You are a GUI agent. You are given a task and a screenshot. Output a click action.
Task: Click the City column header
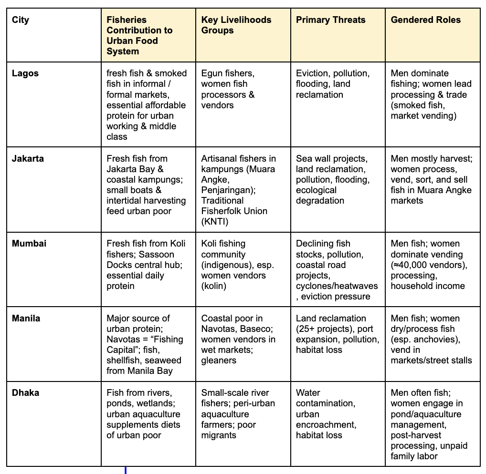(x=21, y=20)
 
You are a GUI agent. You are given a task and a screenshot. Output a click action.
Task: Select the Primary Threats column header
(x=330, y=20)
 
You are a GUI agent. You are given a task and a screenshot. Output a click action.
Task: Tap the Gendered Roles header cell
(x=425, y=20)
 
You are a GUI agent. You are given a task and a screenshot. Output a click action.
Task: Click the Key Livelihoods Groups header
(x=236, y=25)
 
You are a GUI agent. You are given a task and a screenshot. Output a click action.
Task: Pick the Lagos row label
(x=25, y=73)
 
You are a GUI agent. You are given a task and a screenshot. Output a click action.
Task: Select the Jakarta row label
(x=28, y=158)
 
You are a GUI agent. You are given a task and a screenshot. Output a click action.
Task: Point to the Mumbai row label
(x=29, y=243)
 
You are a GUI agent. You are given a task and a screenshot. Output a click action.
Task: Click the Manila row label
(x=26, y=318)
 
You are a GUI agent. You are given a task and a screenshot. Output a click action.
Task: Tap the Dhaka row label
(x=25, y=393)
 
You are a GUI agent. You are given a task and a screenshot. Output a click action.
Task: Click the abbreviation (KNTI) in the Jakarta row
(x=216, y=221)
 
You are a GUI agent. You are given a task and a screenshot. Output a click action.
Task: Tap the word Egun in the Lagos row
(x=211, y=73)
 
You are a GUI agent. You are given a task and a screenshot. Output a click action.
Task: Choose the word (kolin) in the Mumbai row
(x=214, y=286)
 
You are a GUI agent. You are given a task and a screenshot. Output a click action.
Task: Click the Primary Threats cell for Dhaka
(x=326, y=413)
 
